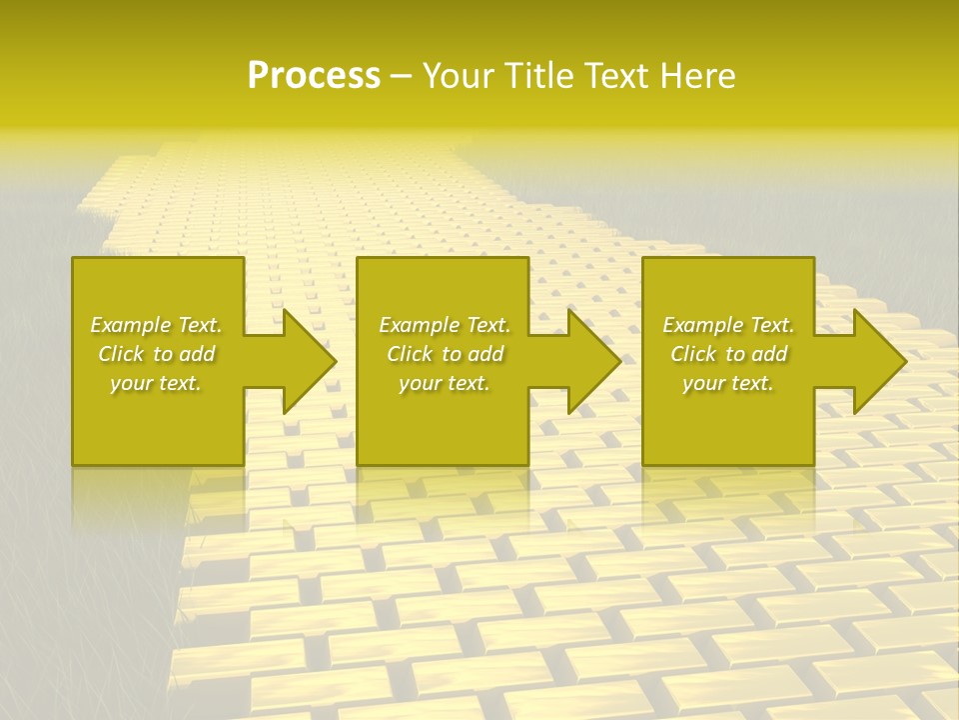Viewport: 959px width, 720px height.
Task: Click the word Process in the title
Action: click(x=314, y=76)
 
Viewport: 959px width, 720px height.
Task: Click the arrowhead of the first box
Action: click(x=306, y=361)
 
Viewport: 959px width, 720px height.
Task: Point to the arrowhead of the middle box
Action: click(x=590, y=361)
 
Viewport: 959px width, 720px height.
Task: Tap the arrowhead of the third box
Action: click(x=876, y=361)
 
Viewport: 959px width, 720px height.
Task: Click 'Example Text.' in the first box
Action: click(x=156, y=325)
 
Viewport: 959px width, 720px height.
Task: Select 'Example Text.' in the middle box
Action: click(x=445, y=325)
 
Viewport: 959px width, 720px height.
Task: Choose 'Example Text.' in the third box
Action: click(x=728, y=325)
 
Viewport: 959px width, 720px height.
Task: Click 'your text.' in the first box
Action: click(x=156, y=383)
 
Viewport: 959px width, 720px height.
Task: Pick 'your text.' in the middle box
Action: click(x=445, y=383)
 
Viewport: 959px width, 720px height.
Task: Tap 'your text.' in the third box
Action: click(x=728, y=383)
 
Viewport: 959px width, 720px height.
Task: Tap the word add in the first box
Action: click(x=197, y=354)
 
